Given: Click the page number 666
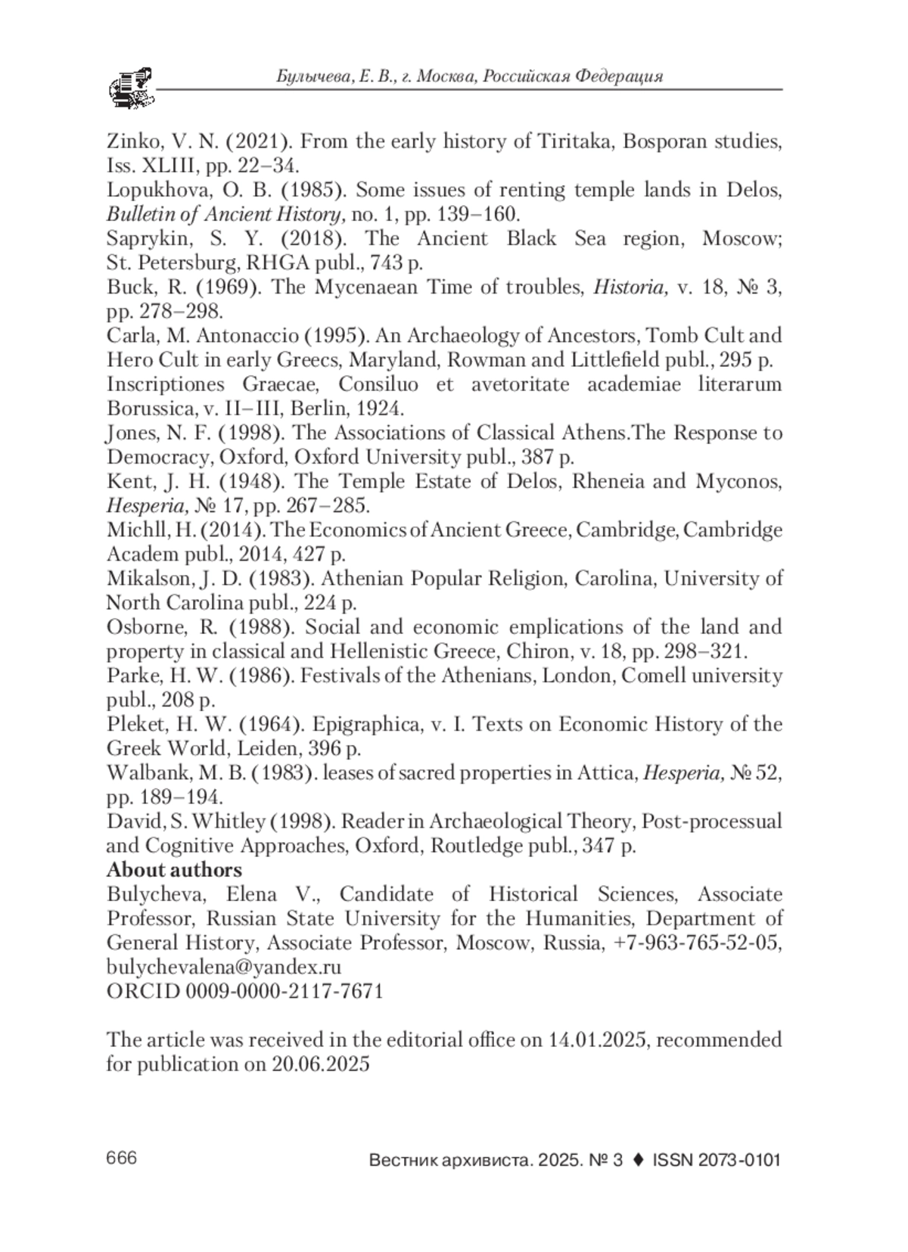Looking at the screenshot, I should pos(122,1158).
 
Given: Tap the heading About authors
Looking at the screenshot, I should pos(174,870).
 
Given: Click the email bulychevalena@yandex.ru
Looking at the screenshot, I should pos(224,967).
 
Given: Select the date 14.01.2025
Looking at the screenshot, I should pos(597,1039).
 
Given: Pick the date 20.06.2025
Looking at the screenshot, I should pos(321,1064).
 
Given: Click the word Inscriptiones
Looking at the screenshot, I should pos(164,384).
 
